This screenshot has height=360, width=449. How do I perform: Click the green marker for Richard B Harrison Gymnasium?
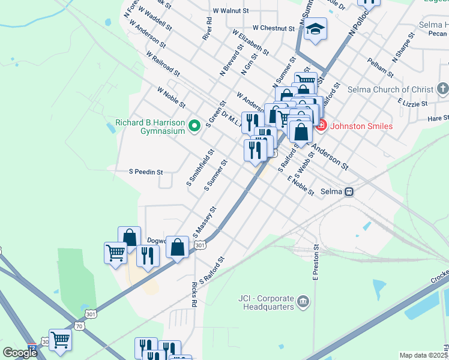click(194, 126)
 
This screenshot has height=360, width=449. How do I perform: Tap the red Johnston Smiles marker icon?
click(321, 126)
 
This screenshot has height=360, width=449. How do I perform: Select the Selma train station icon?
click(349, 192)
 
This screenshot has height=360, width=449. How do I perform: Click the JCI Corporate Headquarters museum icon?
click(303, 301)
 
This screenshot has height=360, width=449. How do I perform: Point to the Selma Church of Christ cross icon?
click(443, 89)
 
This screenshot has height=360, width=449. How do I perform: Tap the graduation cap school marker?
click(315, 29)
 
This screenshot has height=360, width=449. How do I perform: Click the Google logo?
click(20, 352)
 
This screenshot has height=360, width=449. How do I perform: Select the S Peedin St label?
click(146, 172)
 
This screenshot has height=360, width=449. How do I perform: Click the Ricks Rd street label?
click(193, 294)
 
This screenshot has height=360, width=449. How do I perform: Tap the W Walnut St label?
click(231, 11)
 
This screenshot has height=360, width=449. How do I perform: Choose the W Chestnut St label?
click(274, 28)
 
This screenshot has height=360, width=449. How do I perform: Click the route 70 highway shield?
click(80, 325)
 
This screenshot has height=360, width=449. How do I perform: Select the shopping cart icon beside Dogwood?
click(115, 252)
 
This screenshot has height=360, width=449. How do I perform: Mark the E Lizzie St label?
click(412, 103)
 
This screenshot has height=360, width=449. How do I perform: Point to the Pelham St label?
click(381, 68)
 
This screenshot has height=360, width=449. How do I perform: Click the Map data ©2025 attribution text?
click(423, 355)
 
